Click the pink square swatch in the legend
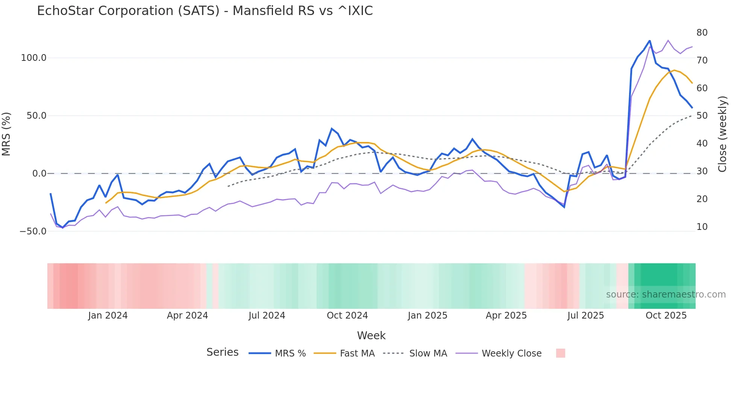(x=560, y=353)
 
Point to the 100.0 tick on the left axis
(x=34, y=58)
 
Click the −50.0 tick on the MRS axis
(x=33, y=231)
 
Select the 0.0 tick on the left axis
(x=39, y=174)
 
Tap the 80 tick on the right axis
(x=702, y=33)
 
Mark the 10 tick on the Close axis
(x=702, y=227)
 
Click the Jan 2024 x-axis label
(x=108, y=316)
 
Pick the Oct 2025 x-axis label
(x=666, y=316)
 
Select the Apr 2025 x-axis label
(x=506, y=316)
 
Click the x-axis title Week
(x=371, y=335)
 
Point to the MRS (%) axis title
(x=6, y=134)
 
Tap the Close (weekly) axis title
(x=722, y=134)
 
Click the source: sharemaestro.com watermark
(x=666, y=295)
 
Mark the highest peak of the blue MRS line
(x=649, y=41)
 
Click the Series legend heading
(x=222, y=352)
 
